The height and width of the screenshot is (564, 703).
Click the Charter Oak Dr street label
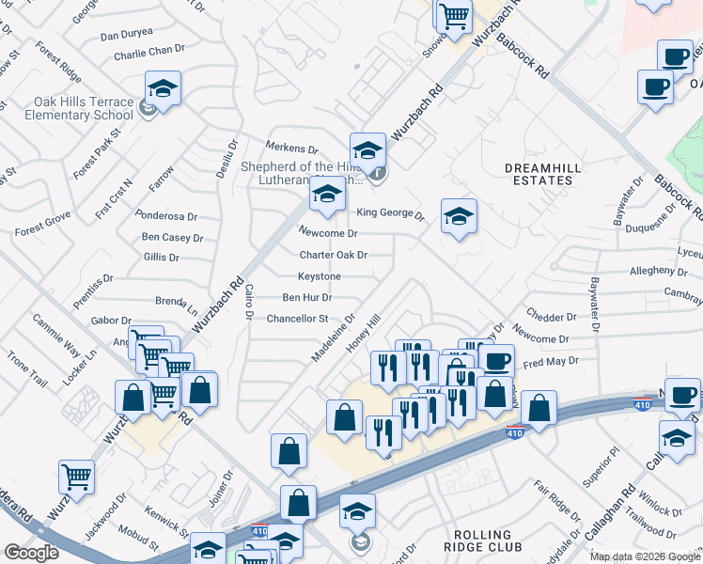pyautogui.click(x=333, y=255)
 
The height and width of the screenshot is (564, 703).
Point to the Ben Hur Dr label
pyautogui.click(x=306, y=297)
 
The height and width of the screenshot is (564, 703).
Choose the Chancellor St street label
pyautogui.click(x=297, y=319)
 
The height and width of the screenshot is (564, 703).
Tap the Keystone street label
pyautogui.click(x=320, y=276)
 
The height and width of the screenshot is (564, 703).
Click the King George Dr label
pyautogui.click(x=391, y=213)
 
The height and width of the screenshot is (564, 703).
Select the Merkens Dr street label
pyautogui.click(x=292, y=149)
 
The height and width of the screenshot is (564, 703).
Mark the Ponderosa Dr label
pyautogui.click(x=165, y=215)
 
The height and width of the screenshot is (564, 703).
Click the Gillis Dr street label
pyautogui.click(x=161, y=257)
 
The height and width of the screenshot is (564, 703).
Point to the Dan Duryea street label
pyautogui.click(x=126, y=35)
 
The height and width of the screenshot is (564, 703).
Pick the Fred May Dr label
pyautogui.click(x=549, y=360)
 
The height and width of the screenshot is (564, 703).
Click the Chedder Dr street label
pyautogui.click(x=552, y=317)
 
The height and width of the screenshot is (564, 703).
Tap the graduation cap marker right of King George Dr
pyautogui.click(x=459, y=217)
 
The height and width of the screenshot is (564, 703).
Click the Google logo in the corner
pyautogui.click(x=31, y=554)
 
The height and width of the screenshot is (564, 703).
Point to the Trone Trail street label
pyautogui.click(x=26, y=369)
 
